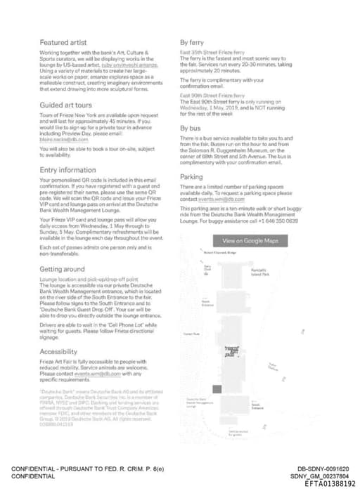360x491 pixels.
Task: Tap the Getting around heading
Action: [63, 269]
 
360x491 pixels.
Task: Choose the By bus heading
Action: [191, 129]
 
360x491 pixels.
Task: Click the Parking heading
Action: [192, 177]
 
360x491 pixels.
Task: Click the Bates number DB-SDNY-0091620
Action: [323, 468]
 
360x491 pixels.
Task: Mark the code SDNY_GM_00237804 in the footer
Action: [323, 476]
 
